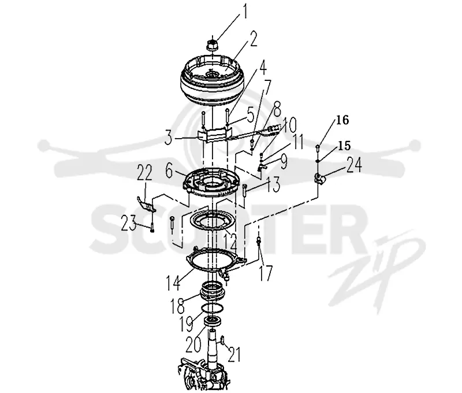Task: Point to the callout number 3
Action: pyautogui.click(x=169, y=139)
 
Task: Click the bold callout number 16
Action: pyautogui.click(x=342, y=120)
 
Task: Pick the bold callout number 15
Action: pyautogui.click(x=344, y=146)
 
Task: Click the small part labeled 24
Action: pyautogui.click(x=319, y=178)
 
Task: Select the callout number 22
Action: pyautogui.click(x=144, y=172)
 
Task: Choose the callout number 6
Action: pyautogui.click(x=169, y=171)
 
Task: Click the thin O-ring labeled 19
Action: pyautogui.click(x=212, y=308)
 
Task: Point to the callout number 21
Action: pyautogui.click(x=234, y=354)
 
